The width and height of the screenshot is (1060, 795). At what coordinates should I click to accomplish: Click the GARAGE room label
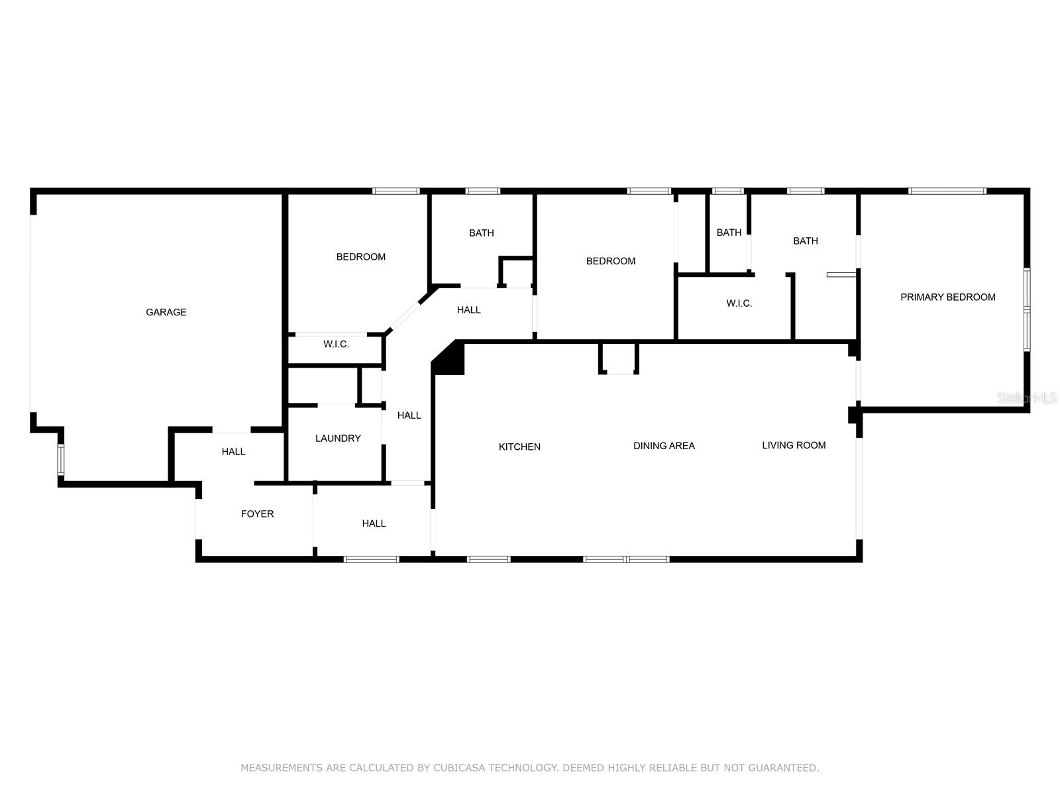point(166,312)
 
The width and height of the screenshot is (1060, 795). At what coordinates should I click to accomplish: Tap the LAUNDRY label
point(338,439)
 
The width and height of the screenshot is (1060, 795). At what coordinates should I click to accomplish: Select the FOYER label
point(258,514)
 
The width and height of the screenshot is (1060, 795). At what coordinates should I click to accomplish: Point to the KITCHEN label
point(519,447)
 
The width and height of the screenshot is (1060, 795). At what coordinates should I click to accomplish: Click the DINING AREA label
point(664,446)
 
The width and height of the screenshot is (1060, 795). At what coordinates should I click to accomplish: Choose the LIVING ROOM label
point(794,445)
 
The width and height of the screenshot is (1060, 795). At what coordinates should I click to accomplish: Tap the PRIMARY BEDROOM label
point(948,297)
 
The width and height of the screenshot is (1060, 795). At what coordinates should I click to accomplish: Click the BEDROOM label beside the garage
point(361,257)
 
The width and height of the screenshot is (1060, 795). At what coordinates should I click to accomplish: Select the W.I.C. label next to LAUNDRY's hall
point(336,344)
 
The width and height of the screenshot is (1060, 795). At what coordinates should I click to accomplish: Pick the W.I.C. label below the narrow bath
point(739,303)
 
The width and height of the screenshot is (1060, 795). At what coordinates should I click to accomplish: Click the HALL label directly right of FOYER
point(374,524)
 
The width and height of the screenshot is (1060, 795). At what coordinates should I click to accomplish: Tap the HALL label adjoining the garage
point(233,452)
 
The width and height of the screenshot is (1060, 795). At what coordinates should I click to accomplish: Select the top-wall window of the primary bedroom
point(947,191)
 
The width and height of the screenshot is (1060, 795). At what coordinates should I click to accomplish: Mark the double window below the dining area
point(626,559)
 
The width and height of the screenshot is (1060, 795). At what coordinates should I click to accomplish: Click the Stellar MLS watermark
point(1027,398)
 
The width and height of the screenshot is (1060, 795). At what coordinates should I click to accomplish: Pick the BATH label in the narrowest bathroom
point(729,233)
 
